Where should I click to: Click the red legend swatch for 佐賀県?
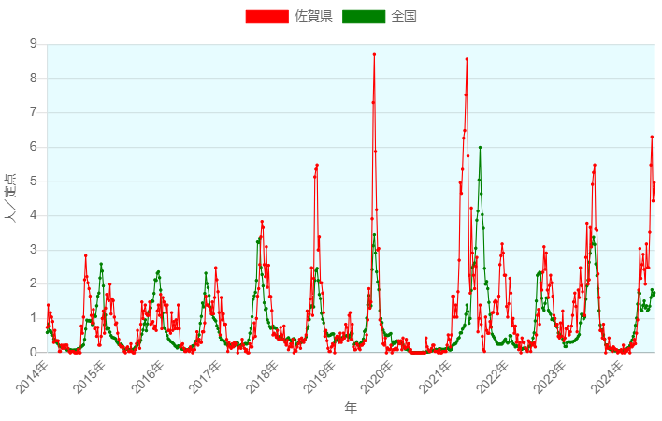(266, 16)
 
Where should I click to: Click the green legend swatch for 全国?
(364, 16)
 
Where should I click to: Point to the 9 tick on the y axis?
(34, 44)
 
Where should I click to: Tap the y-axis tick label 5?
(34, 181)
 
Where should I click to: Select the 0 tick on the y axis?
(34, 353)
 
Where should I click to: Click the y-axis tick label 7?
(34, 112)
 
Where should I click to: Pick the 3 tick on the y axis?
(34, 250)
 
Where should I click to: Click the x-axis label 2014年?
(34, 375)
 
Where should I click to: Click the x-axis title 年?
(351, 408)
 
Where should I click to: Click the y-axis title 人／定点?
(12, 197)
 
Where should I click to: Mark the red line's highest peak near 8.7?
(374, 54)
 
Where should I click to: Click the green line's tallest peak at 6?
(480, 147)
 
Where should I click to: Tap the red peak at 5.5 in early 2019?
(317, 165)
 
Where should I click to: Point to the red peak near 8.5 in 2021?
(467, 59)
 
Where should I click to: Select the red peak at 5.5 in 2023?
(594, 165)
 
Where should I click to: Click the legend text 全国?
(404, 16)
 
